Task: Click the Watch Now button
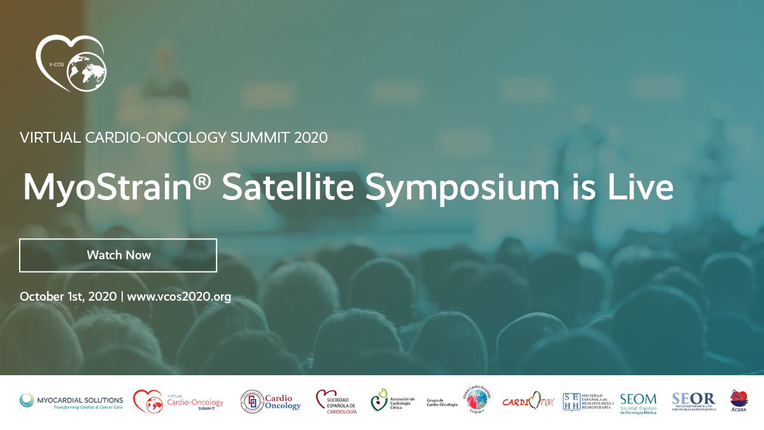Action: coord(118,255)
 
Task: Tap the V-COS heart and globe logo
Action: coord(71,63)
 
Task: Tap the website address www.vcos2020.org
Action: coord(179,297)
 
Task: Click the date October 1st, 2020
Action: coord(68,297)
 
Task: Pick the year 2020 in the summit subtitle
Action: coord(311,137)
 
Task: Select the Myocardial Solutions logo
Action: coord(71,401)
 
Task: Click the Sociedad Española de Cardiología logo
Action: coord(336,402)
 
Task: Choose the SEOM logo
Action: coord(638,402)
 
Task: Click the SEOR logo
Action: coord(694,401)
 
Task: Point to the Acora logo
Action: coord(739,401)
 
